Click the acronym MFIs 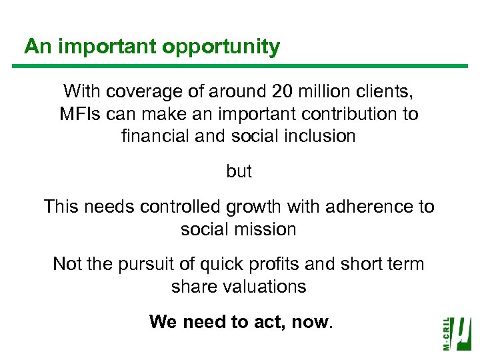79,114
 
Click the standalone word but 239,172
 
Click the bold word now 310,322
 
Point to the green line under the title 240,65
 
